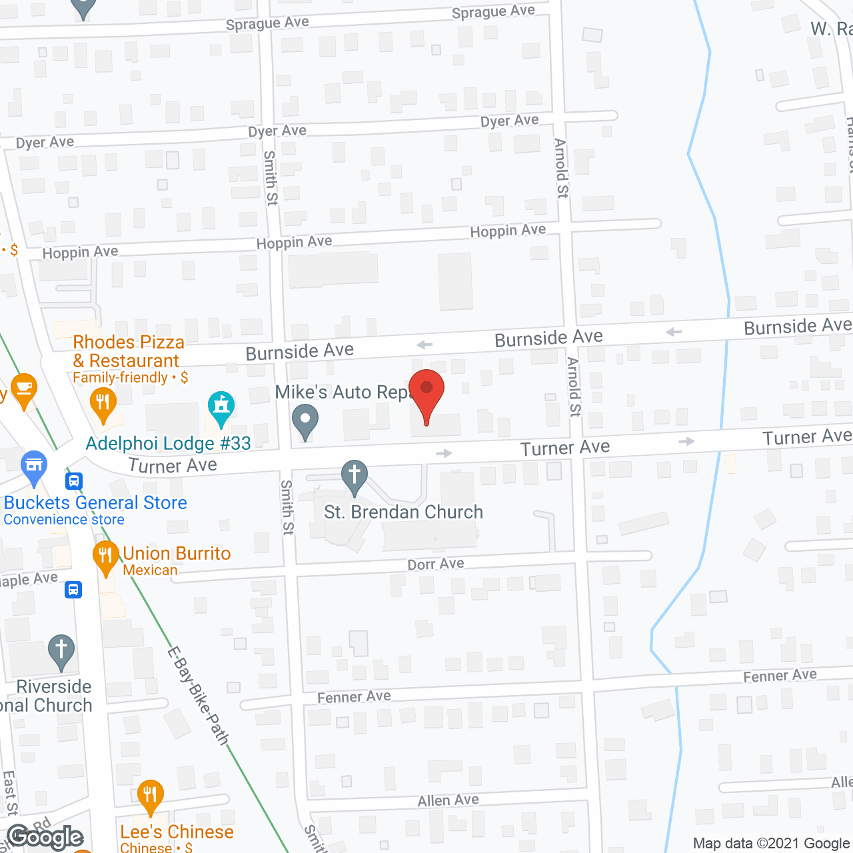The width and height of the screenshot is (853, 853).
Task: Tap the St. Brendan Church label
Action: click(403, 512)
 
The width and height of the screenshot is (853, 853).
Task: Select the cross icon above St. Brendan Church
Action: click(355, 476)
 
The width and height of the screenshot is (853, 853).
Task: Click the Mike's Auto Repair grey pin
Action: click(305, 421)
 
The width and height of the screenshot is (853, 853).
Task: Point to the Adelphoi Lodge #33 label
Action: click(169, 444)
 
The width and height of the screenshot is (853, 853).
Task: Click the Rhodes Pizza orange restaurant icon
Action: click(103, 403)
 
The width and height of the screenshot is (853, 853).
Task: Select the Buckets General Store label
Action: click(95, 503)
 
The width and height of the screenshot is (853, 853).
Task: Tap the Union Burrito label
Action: click(177, 554)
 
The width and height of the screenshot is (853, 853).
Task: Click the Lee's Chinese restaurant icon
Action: click(150, 796)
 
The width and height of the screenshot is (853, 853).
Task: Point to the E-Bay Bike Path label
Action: click(198, 696)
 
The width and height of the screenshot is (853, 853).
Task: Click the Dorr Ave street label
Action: click(436, 564)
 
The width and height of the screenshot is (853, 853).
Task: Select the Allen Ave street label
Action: click(448, 800)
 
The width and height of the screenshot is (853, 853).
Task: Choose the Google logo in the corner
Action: click(45, 837)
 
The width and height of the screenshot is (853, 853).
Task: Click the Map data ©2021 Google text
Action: click(772, 844)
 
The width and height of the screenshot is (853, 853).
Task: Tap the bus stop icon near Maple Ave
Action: click(73, 590)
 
